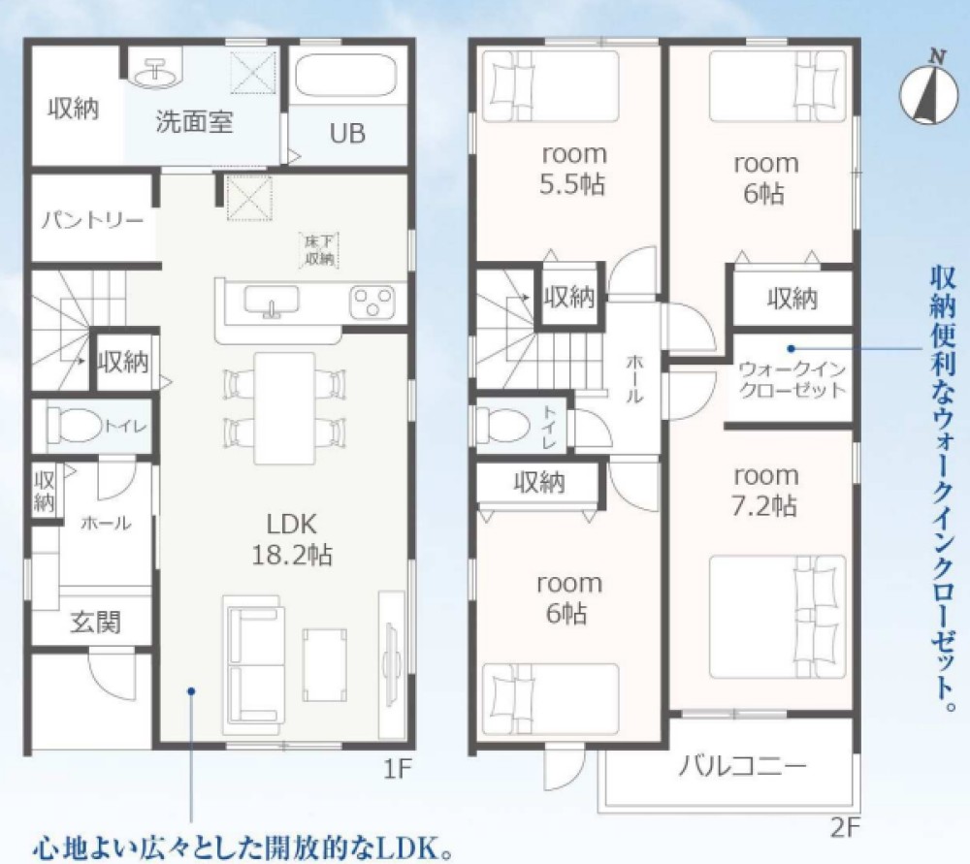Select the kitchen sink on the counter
(271, 302)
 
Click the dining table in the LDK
(284, 407)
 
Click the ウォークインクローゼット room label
(792, 379)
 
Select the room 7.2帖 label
(765, 491)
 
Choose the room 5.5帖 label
(573, 169)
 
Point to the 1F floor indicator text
(398, 771)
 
